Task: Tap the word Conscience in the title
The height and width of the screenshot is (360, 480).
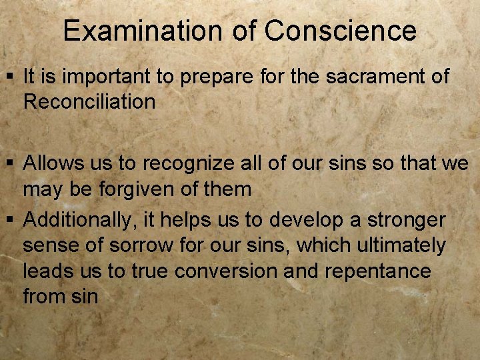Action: (x=340, y=31)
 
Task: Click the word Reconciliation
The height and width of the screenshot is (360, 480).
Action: (x=89, y=102)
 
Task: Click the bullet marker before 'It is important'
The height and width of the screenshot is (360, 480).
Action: (x=12, y=77)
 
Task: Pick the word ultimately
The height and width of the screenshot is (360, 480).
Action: (x=404, y=245)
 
